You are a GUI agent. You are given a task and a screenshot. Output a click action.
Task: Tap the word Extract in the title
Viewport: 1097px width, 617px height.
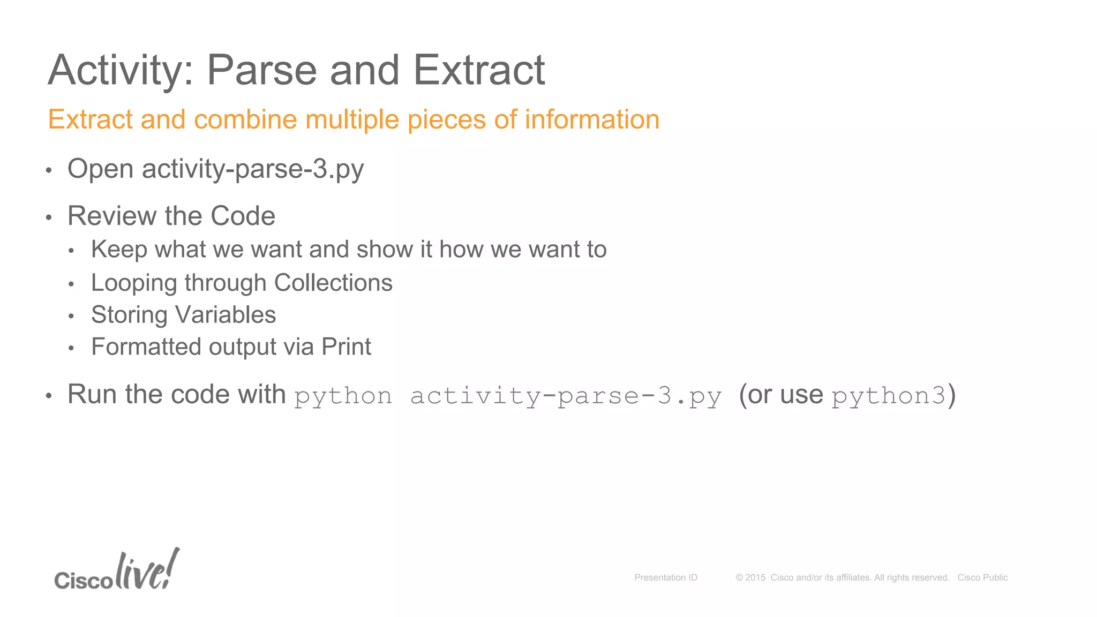coord(479,71)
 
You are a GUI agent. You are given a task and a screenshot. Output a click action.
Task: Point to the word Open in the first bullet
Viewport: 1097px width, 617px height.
coord(100,169)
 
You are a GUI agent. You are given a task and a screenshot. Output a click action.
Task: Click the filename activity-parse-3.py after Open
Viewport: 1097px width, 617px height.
coord(253,169)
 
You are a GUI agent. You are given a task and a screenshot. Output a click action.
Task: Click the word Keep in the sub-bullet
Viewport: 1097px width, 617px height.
coord(119,250)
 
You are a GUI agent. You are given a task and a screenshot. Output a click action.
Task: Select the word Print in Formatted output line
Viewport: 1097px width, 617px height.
coord(346,347)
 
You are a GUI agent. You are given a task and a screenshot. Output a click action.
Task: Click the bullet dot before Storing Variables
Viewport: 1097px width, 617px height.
coord(71,317)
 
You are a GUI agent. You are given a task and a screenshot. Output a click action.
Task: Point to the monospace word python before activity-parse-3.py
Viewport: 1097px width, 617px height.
coord(343,396)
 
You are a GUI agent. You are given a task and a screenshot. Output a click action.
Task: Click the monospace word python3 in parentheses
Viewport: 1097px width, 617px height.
coord(889,396)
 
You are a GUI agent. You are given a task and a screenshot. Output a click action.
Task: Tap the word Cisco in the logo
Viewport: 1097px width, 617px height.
coord(83,581)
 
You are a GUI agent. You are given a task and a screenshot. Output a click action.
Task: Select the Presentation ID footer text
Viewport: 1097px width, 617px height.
coord(666,577)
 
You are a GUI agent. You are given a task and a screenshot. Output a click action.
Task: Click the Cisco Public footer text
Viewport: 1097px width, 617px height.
coord(982,577)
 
